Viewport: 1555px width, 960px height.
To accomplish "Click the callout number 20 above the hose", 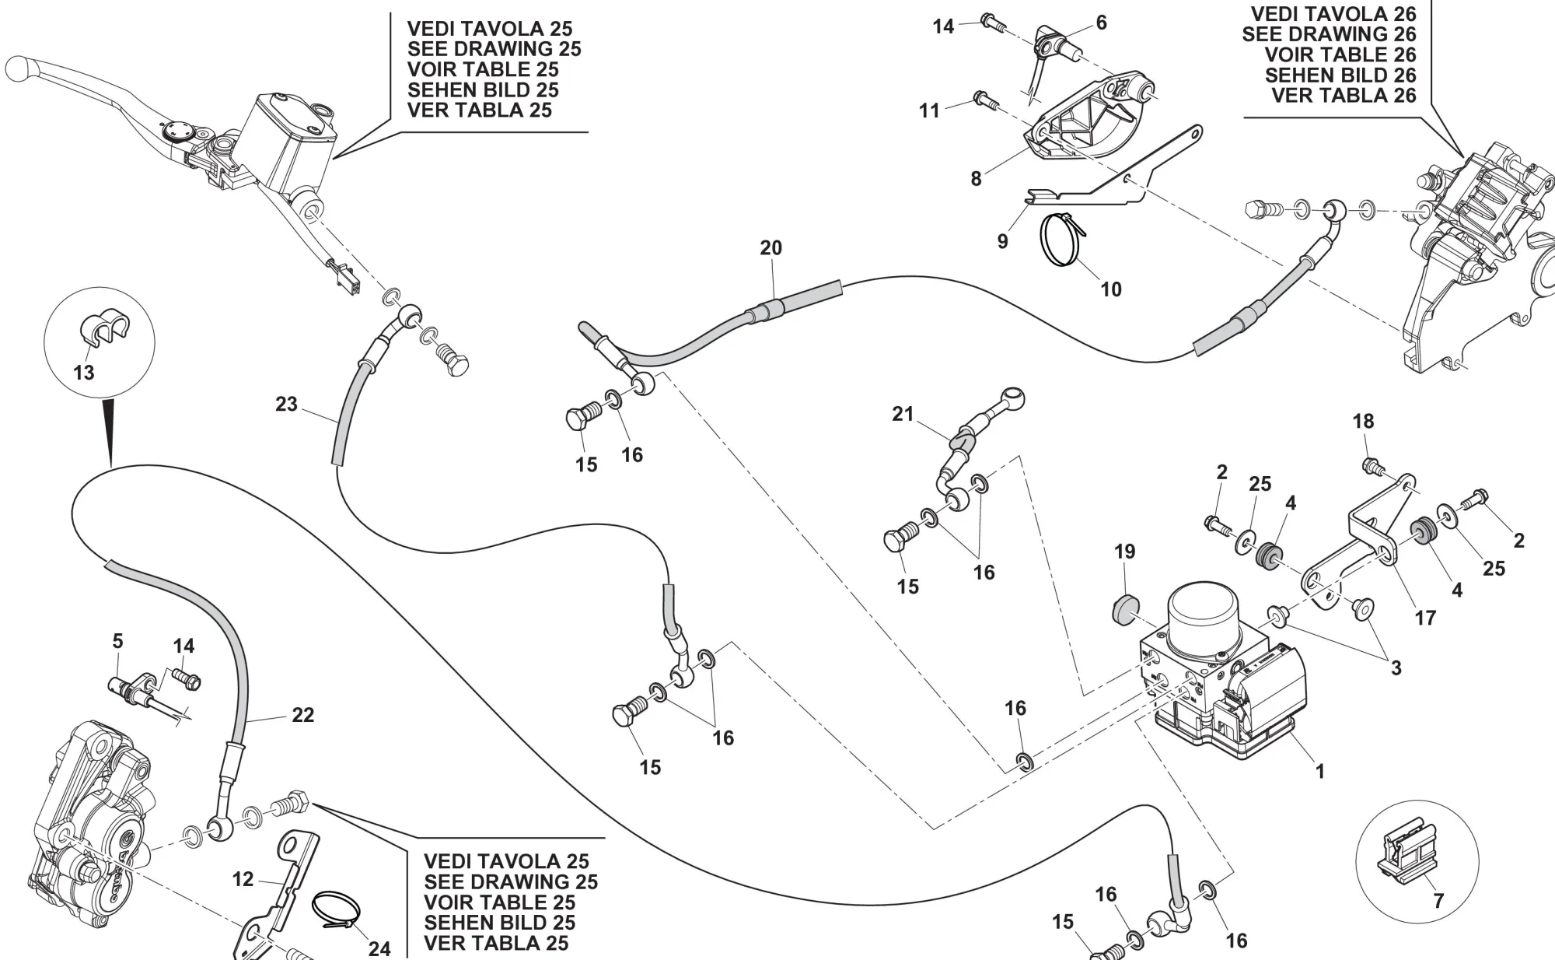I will (771, 248).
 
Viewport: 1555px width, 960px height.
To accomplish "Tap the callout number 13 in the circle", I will (84, 373).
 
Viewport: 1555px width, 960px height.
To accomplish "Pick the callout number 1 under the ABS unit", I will (1319, 771).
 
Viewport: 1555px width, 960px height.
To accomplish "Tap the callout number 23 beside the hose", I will (286, 405).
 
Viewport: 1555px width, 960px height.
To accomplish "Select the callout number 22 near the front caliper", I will (302, 715).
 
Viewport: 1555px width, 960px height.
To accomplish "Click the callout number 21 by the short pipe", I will (903, 414).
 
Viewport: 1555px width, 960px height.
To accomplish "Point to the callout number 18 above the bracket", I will (1363, 422).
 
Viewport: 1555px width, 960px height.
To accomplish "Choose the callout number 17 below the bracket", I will (1425, 618).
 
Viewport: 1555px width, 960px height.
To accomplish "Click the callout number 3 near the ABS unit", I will (1396, 667).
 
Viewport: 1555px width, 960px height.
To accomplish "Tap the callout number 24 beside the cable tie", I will (379, 948).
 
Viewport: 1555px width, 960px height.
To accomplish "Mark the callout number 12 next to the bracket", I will (243, 879).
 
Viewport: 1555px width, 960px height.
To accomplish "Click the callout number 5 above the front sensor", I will (117, 641).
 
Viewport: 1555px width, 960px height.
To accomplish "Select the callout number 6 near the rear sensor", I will (1101, 23).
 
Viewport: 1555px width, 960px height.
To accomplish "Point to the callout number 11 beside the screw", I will (929, 110).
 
